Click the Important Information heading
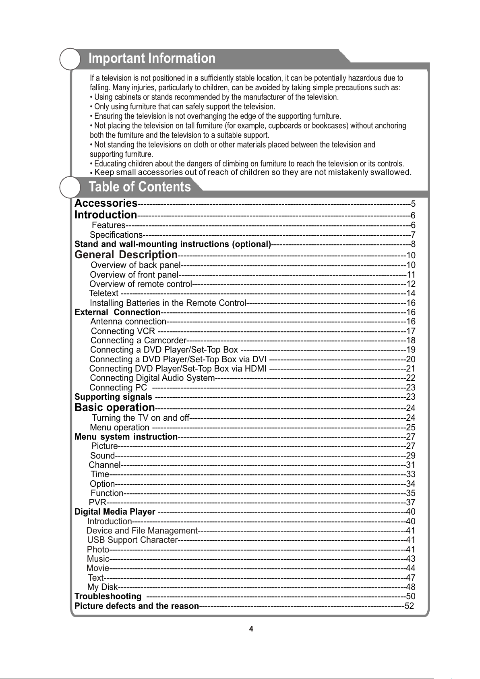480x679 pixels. pyautogui.click(x=152, y=58)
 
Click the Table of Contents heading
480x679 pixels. pyautogui.click(x=140, y=187)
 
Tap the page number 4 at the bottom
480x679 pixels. pyautogui.click(x=251, y=629)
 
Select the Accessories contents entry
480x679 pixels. pyautogui.click(x=106, y=203)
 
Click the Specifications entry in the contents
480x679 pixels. pyautogui.click(x=116, y=235)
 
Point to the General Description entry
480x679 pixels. pyautogui.click(x=126, y=255)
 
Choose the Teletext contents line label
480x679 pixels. pyautogui.click(x=104, y=293)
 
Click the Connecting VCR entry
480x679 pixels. pyautogui.click(x=123, y=331)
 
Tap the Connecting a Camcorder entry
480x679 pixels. pyautogui.click(x=138, y=341)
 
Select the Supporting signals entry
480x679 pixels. pyautogui.click(x=114, y=397)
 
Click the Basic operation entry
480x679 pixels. pyautogui.click(x=115, y=408)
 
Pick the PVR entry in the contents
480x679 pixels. pyautogui.click(x=97, y=503)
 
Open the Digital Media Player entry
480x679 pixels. pyautogui.click(x=115, y=512)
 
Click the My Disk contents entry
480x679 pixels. pyautogui.click(x=103, y=587)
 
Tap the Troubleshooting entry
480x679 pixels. pyautogui.click(x=108, y=596)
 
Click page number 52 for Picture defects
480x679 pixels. pyautogui.click(x=409, y=606)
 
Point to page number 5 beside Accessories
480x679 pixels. pyautogui.click(x=413, y=203)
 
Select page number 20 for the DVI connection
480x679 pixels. pyautogui.click(x=410, y=359)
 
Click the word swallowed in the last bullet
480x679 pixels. pyautogui.click(x=390, y=172)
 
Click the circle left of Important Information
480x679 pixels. pyautogui.click(x=70, y=59)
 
